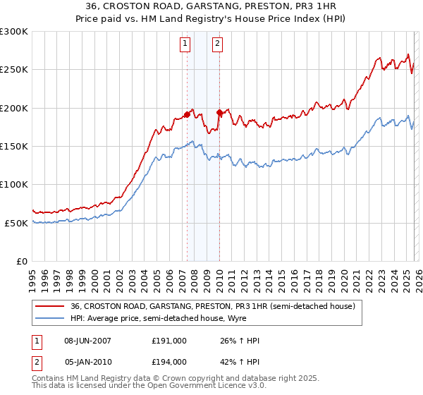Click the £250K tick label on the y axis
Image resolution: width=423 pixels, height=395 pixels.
pyautogui.click(x=14, y=70)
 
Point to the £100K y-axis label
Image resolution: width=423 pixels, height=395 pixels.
pyautogui.click(x=14, y=184)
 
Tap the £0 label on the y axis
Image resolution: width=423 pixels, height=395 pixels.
pyautogui.click(x=21, y=261)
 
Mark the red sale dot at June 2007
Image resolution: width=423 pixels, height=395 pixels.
pyautogui.click(x=188, y=114)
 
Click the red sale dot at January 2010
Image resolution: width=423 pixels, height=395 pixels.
pyautogui.click(x=219, y=112)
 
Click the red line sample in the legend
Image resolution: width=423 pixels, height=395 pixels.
pyautogui.click(x=50, y=307)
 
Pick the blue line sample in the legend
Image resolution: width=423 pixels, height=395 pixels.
pyautogui.click(x=50, y=319)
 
